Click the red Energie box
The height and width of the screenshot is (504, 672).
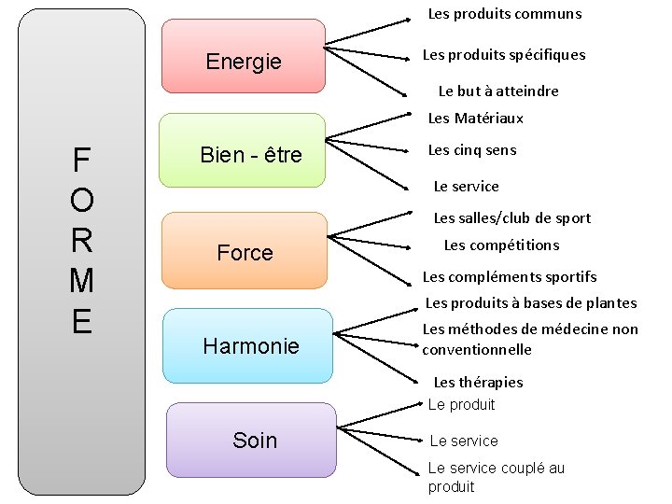(x=244, y=57)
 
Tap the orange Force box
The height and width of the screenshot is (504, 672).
(x=245, y=251)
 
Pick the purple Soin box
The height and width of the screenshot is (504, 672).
(x=253, y=440)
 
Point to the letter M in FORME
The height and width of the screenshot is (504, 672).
(x=81, y=279)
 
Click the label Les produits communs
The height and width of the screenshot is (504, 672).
(x=504, y=14)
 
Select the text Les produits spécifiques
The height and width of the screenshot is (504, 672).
(x=504, y=55)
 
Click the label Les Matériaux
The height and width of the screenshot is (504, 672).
(x=475, y=119)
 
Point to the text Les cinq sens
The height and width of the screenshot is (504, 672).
(x=471, y=150)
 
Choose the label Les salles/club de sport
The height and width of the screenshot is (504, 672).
(x=511, y=218)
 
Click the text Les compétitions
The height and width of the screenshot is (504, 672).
(x=501, y=245)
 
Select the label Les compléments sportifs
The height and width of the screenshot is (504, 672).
(x=510, y=277)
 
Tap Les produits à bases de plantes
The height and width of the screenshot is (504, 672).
(x=531, y=303)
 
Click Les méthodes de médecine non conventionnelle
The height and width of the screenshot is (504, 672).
(x=529, y=339)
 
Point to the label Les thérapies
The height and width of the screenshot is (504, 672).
(x=478, y=383)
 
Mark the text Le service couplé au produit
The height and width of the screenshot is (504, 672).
(x=496, y=477)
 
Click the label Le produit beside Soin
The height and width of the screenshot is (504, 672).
(x=461, y=405)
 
